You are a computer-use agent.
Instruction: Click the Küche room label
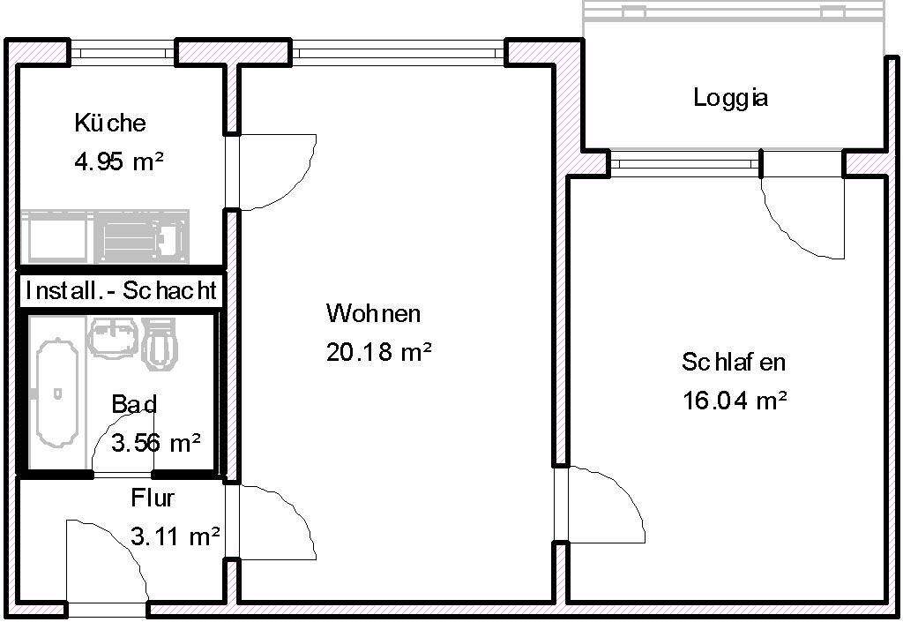pyautogui.click(x=110, y=123)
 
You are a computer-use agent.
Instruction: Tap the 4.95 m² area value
pyautogui.click(x=120, y=162)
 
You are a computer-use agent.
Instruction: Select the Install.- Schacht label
pyautogui.click(x=121, y=290)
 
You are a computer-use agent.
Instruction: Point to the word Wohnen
pyautogui.click(x=373, y=313)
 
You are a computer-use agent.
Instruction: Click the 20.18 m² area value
pyautogui.click(x=378, y=353)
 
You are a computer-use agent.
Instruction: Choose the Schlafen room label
pyautogui.click(x=733, y=362)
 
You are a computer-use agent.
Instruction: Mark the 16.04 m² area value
pyautogui.click(x=735, y=401)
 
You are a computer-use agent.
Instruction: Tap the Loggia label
pyautogui.click(x=730, y=98)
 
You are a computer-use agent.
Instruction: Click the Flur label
pyautogui.click(x=153, y=498)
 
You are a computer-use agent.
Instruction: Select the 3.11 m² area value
pyautogui.click(x=175, y=536)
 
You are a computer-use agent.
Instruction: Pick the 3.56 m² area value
pyautogui.click(x=156, y=442)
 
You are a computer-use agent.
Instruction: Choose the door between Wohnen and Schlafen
pyautogui.click(x=603, y=505)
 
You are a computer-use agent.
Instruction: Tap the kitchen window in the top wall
pyautogui.click(x=123, y=53)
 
